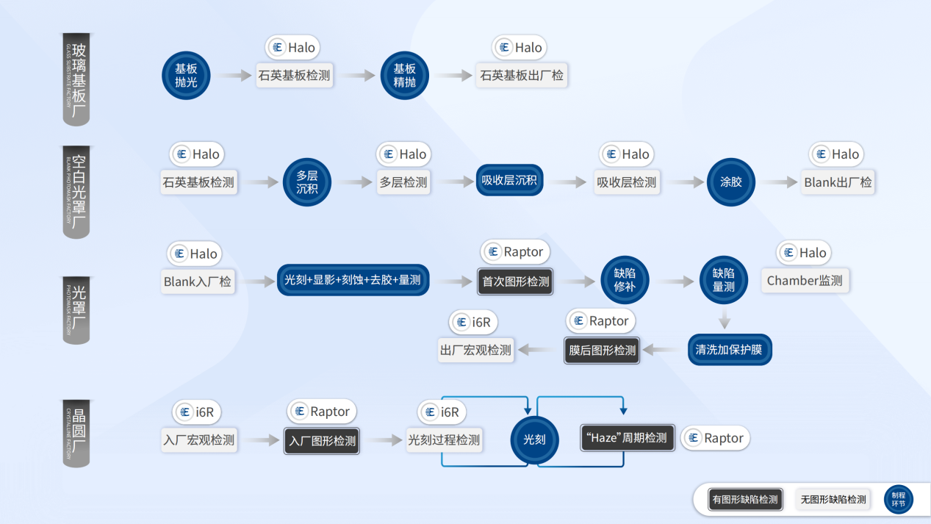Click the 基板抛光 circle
pyautogui.click(x=186, y=76)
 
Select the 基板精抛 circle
pyautogui.click(x=405, y=76)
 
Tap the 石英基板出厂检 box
pyautogui.click(x=522, y=76)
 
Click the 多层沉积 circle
pyautogui.click(x=307, y=182)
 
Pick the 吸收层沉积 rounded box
pyautogui.click(x=509, y=181)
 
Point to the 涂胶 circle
pyautogui.click(x=731, y=182)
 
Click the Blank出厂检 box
pyautogui.click(x=838, y=182)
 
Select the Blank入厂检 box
pyautogui.click(x=198, y=281)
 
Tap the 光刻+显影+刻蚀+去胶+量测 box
pyautogui.click(x=353, y=280)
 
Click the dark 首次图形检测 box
pyautogui.click(x=516, y=281)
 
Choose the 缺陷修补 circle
pyautogui.click(x=625, y=280)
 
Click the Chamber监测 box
pyautogui.click(x=805, y=281)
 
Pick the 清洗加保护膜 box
pyautogui.click(x=730, y=350)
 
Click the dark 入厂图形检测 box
pyautogui.click(x=322, y=441)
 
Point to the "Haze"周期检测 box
pyautogui.click(x=627, y=438)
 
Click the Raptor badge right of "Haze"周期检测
pyautogui.click(x=715, y=438)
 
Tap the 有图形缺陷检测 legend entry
pyautogui.click(x=743, y=500)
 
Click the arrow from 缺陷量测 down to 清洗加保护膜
pyautogui.click(x=725, y=320)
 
